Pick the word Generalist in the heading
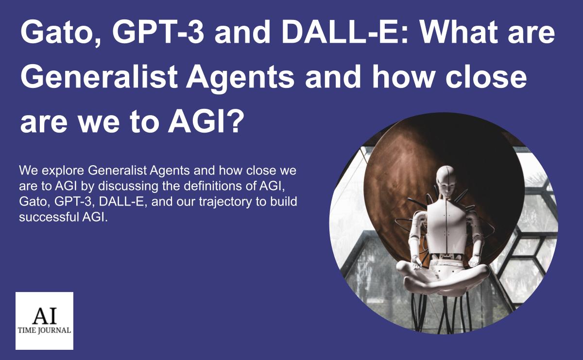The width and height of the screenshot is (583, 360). [99, 76]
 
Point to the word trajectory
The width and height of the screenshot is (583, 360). [225, 202]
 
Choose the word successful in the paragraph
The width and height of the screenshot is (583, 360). [49, 217]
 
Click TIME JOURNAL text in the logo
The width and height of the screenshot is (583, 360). [44, 330]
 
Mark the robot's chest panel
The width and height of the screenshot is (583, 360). [446, 226]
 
